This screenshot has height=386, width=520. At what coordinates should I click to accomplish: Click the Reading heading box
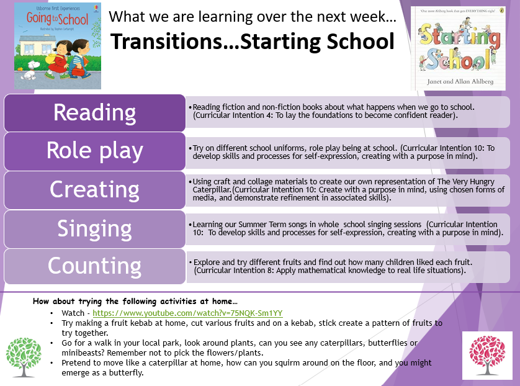(x=94, y=113)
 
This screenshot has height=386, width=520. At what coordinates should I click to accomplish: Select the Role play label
(x=94, y=151)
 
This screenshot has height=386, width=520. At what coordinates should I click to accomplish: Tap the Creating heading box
(x=94, y=190)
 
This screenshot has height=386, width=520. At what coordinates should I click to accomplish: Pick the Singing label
(x=94, y=229)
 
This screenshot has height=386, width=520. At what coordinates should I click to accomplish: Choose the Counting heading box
(x=94, y=266)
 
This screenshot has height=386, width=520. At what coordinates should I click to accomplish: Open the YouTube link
(x=187, y=313)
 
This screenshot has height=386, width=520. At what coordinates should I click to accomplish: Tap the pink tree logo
(x=487, y=355)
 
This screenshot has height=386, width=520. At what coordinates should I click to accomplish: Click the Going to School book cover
(x=58, y=46)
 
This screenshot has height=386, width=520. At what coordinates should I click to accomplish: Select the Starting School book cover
(x=459, y=48)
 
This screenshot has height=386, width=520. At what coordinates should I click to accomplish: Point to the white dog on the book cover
(x=30, y=70)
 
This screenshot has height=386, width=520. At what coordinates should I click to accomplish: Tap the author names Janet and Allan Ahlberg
(x=460, y=81)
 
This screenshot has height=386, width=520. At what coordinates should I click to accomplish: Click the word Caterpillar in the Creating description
(x=212, y=190)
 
